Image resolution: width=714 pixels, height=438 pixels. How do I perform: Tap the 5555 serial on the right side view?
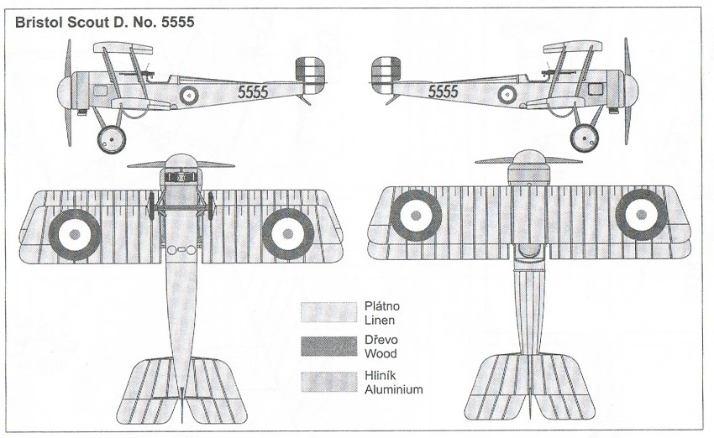444,92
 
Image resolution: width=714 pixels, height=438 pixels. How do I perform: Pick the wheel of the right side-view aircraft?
585,137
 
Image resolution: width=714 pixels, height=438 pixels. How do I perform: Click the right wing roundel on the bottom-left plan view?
287,232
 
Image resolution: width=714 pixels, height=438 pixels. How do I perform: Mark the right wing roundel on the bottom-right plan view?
642,215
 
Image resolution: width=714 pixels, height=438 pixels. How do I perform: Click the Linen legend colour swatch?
328,313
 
